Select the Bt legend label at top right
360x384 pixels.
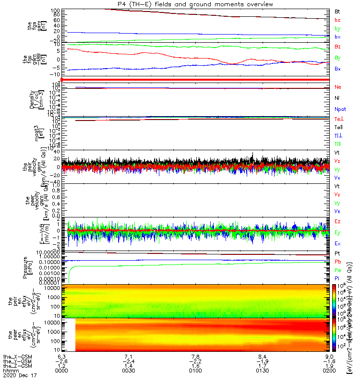click(338, 11)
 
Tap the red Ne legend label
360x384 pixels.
click(338, 87)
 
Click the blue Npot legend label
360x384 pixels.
click(340, 109)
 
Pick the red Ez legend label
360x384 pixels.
click(338, 222)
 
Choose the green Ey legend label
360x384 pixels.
click(338, 233)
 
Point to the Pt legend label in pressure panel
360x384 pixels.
click(338, 253)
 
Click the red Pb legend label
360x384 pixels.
click(338, 262)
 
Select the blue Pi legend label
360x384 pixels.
click(337, 278)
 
